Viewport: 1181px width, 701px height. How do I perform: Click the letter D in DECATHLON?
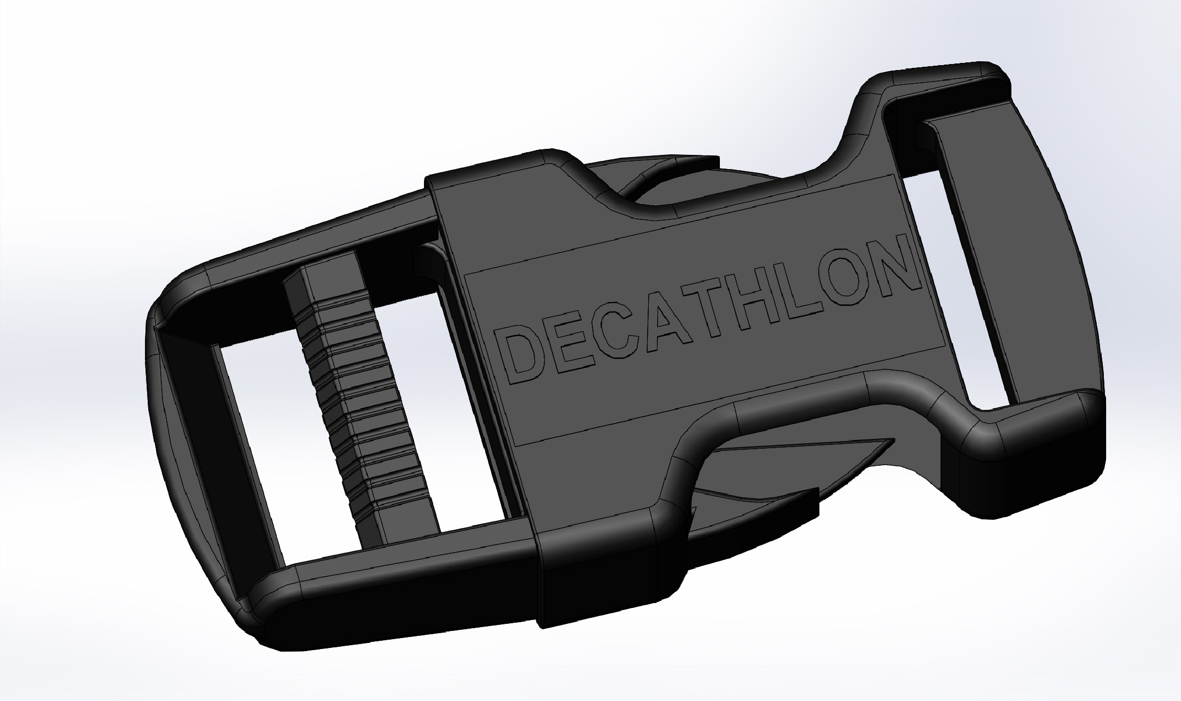pyautogui.click(x=521, y=353)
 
